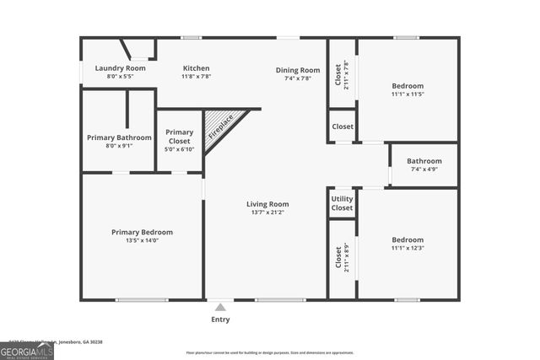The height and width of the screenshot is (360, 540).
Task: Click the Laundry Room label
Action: pos(120,68)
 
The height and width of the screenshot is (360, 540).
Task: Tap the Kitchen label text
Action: pos(196,68)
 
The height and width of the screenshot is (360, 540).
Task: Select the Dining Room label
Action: pos(298,70)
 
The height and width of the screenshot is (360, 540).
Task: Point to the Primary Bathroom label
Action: pos(119,137)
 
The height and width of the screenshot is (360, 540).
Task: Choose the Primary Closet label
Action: pos(179,132)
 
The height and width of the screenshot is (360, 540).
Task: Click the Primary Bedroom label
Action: pos(142,232)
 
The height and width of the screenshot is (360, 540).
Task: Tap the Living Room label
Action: pos(267,204)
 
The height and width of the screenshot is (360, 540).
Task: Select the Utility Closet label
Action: pos(342,203)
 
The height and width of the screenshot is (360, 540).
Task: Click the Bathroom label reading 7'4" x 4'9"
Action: pos(424,161)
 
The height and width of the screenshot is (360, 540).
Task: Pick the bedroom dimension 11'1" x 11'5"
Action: pos(408,94)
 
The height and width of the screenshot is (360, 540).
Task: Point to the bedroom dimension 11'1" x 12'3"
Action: pos(408,249)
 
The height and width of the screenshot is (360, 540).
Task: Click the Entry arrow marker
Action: pos(220,307)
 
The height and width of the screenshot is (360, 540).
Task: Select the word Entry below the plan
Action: pos(220,320)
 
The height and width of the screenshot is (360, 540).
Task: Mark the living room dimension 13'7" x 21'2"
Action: pos(267,212)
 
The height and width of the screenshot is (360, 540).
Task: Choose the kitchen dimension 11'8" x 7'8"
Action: pos(196,77)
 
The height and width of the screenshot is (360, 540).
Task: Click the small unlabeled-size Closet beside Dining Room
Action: pos(343,126)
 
